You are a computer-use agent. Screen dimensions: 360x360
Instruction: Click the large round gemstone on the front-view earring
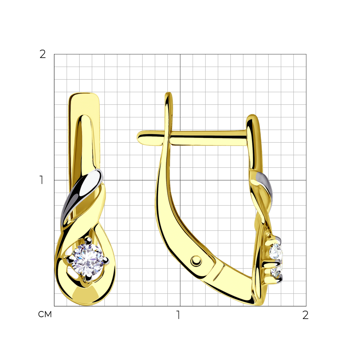(x=87, y=260)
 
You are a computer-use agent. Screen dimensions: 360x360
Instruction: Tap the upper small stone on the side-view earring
(x=276, y=251)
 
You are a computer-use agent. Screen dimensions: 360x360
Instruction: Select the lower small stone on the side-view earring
(x=276, y=271)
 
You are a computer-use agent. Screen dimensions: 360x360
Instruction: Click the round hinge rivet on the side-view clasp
(x=196, y=261)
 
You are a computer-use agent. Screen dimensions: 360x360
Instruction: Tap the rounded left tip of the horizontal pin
(x=139, y=138)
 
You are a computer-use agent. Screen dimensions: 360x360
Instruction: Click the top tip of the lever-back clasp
(x=169, y=93)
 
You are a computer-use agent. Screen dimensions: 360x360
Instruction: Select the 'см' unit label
(x=45, y=314)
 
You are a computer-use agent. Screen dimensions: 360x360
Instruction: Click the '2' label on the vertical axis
(x=42, y=54)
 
